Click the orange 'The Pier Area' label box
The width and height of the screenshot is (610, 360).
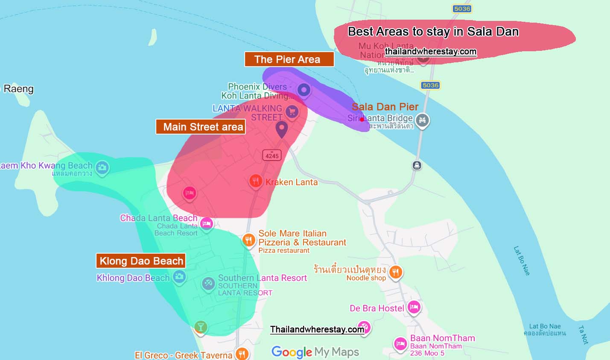click(289, 59)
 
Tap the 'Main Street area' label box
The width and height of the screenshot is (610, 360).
click(201, 127)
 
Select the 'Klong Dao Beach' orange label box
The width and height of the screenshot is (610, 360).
click(141, 261)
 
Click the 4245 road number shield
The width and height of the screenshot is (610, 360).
click(272, 156)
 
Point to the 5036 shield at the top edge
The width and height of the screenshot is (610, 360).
click(462, 9)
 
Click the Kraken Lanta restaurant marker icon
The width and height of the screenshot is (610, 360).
click(255, 181)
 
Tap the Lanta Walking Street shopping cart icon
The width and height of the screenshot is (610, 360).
click(292, 112)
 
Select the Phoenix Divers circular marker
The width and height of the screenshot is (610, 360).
click(304, 90)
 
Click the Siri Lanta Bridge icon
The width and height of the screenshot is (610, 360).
click(422, 120)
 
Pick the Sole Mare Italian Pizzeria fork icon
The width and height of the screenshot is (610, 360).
click(248, 240)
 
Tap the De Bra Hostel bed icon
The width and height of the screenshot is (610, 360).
click(413, 307)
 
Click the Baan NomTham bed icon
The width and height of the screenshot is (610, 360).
click(400, 343)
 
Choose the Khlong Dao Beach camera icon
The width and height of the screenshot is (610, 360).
click(179, 277)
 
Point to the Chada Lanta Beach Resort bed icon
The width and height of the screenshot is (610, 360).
click(207, 223)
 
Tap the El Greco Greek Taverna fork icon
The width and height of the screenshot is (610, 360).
click(242, 354)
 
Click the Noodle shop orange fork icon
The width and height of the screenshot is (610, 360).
click(396, 272)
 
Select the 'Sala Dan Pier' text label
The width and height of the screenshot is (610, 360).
click(385, 107)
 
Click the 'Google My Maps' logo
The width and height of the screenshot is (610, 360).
click(315, 352)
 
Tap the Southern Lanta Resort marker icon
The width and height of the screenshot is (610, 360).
click(208, 283)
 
